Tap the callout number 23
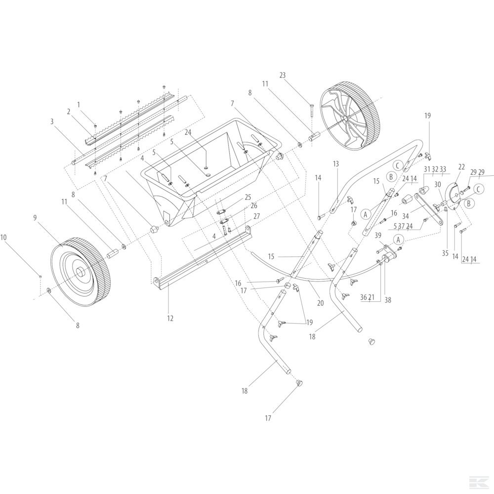click(282, 76)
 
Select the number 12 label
click(170, 305)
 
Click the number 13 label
click(336, 164)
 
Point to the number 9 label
click(35, 217)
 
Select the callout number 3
click(51, 121)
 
